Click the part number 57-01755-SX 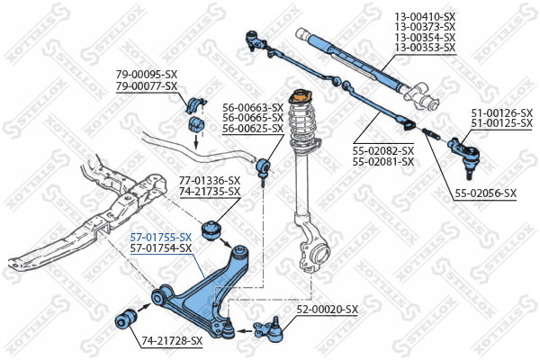click(161, 237)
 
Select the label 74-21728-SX click(172, 340)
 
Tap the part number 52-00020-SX click(328, 309)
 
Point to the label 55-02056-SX click(484, 193)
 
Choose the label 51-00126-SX click(502, 112)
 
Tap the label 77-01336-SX click(209, 180)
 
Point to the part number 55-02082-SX click(382, 150)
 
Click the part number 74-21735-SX click(209, 192)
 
